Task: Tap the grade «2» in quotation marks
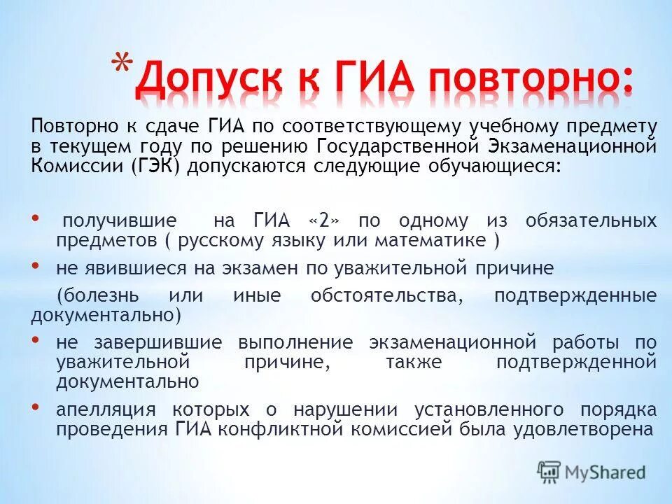pos(323,221)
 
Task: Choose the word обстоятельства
pos(386,295)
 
